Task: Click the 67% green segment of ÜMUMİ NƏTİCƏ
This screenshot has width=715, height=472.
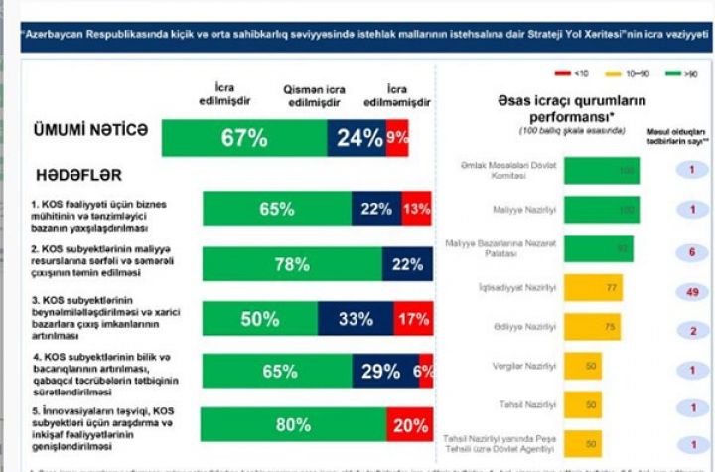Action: click(244, 138)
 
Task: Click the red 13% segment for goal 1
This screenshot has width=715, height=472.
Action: click(416, 209)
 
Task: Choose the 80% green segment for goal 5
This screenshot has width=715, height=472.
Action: click(293, 425)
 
